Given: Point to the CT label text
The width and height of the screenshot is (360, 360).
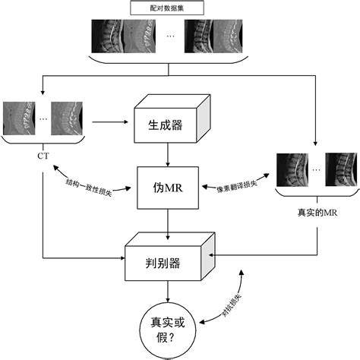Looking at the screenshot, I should coord(43,156).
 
